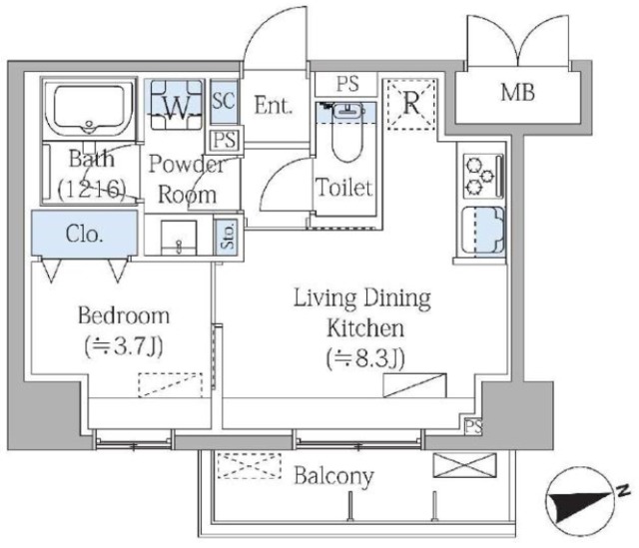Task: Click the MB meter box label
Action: (x=517, y=92)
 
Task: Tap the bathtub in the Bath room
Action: (x=89, y=108)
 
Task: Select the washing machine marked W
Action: (x=177, y=105)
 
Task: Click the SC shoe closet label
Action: (x=224, y=100)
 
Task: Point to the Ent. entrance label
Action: (x=274, y=105)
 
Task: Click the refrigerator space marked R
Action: (x=411, y=104)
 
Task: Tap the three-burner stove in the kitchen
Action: (x=483, y=176)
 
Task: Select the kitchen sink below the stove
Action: (x=483, y=230)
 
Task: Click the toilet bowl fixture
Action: (x=346, y=131)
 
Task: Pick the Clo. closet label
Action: (x=84, y=234)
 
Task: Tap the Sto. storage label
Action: (x=228, y=236)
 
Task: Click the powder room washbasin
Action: (x=179, y=238)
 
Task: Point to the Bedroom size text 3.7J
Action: (x=124, y=346)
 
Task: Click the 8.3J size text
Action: (x=365, y=359)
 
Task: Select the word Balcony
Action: (x=333, y=476)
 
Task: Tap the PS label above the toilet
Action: (x=347, y=84)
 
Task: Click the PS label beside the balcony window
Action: (x=473, y=426)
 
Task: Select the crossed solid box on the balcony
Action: (x=464, y=465)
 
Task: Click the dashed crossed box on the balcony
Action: (x=250, y=466)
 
